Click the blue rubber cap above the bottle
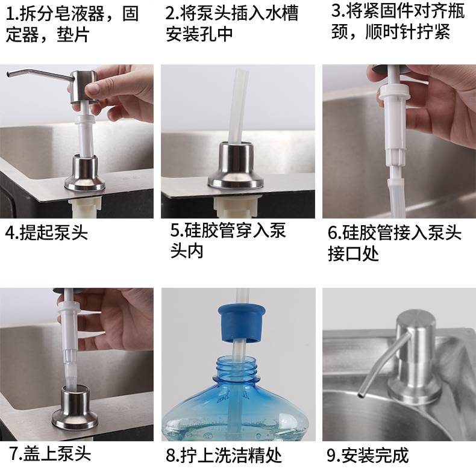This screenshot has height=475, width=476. point(242,323)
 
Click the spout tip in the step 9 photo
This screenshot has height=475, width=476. point(362,394)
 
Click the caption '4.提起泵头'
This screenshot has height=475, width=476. point(46,232)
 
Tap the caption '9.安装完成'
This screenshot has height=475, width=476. point(368,455)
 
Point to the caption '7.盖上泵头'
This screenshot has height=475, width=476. point(51,453)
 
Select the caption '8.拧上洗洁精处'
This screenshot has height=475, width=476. point(224,455)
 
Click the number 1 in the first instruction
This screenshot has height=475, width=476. point(10,14)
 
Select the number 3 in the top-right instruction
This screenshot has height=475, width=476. point(336,11)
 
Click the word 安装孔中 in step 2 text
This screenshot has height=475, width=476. point(199,34)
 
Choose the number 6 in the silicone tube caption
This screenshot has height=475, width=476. point(333,233)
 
